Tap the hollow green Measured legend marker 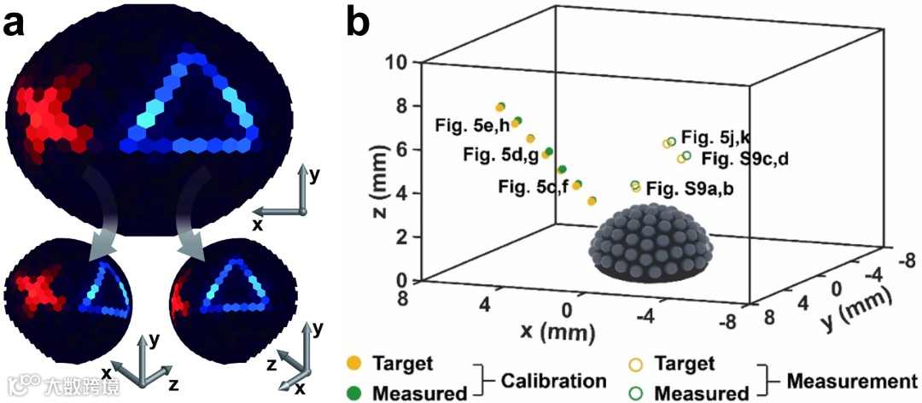637,393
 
